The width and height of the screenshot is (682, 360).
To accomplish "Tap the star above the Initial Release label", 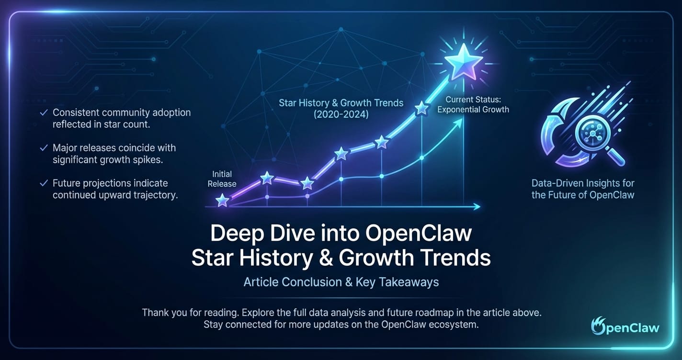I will tap(222, 200).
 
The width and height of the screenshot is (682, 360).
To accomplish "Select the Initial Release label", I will tap(222, 179).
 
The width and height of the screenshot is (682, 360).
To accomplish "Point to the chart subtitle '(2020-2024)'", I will tap(341, 114).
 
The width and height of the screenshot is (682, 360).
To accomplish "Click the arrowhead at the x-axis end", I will tap(477, 207).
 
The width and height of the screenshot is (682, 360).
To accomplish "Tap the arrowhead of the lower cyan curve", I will tap(459, 122).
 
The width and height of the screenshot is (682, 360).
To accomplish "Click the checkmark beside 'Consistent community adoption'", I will tap(44, 113).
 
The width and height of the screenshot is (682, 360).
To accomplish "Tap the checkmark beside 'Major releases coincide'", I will tap(44, 148).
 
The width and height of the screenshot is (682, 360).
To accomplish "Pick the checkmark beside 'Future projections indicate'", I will tap(44, 183).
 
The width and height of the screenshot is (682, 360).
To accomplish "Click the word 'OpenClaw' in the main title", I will tap(419, 234).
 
